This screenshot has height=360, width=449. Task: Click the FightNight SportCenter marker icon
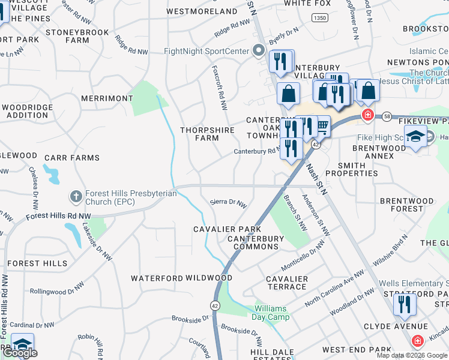[x=259, y=51]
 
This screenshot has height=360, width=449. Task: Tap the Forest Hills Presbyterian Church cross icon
[x=76, y=196]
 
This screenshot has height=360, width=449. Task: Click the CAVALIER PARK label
[x=227, y=229]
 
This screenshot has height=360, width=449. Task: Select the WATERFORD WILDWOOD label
[x=181, y=278]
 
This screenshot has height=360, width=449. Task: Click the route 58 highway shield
[x=387, y=115]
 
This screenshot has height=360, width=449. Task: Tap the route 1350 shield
[x=319, y=19]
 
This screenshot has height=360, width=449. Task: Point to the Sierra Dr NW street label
[x=228, y=203]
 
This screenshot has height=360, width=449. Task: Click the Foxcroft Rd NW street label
[x=219, y=88]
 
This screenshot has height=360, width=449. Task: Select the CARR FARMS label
[x=71, y=158]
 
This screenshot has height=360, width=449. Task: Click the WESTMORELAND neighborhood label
[x=202, y=11]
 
